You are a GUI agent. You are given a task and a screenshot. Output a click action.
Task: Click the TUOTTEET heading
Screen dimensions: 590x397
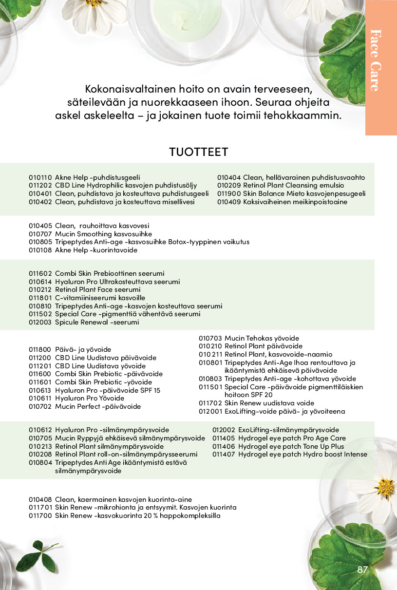coord(198,152)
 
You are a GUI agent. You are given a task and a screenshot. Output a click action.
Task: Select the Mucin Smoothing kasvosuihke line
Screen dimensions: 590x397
coord(96,234)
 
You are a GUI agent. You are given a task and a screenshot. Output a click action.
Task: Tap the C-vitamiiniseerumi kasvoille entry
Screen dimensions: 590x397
coord(100,298)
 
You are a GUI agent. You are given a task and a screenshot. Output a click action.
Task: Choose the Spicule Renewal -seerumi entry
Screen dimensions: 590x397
coord(97,322)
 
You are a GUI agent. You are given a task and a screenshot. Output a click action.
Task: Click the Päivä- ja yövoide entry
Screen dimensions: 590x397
coord(83,349)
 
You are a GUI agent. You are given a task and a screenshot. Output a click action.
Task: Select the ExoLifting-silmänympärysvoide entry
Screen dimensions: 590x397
coord(288,430)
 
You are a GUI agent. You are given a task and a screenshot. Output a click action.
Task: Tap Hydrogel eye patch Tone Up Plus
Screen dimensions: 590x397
coord(291,446)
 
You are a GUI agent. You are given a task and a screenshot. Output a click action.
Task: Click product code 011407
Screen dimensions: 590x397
coord(224,455)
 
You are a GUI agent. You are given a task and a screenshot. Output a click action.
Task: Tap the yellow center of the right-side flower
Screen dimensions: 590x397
coord(384,487)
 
